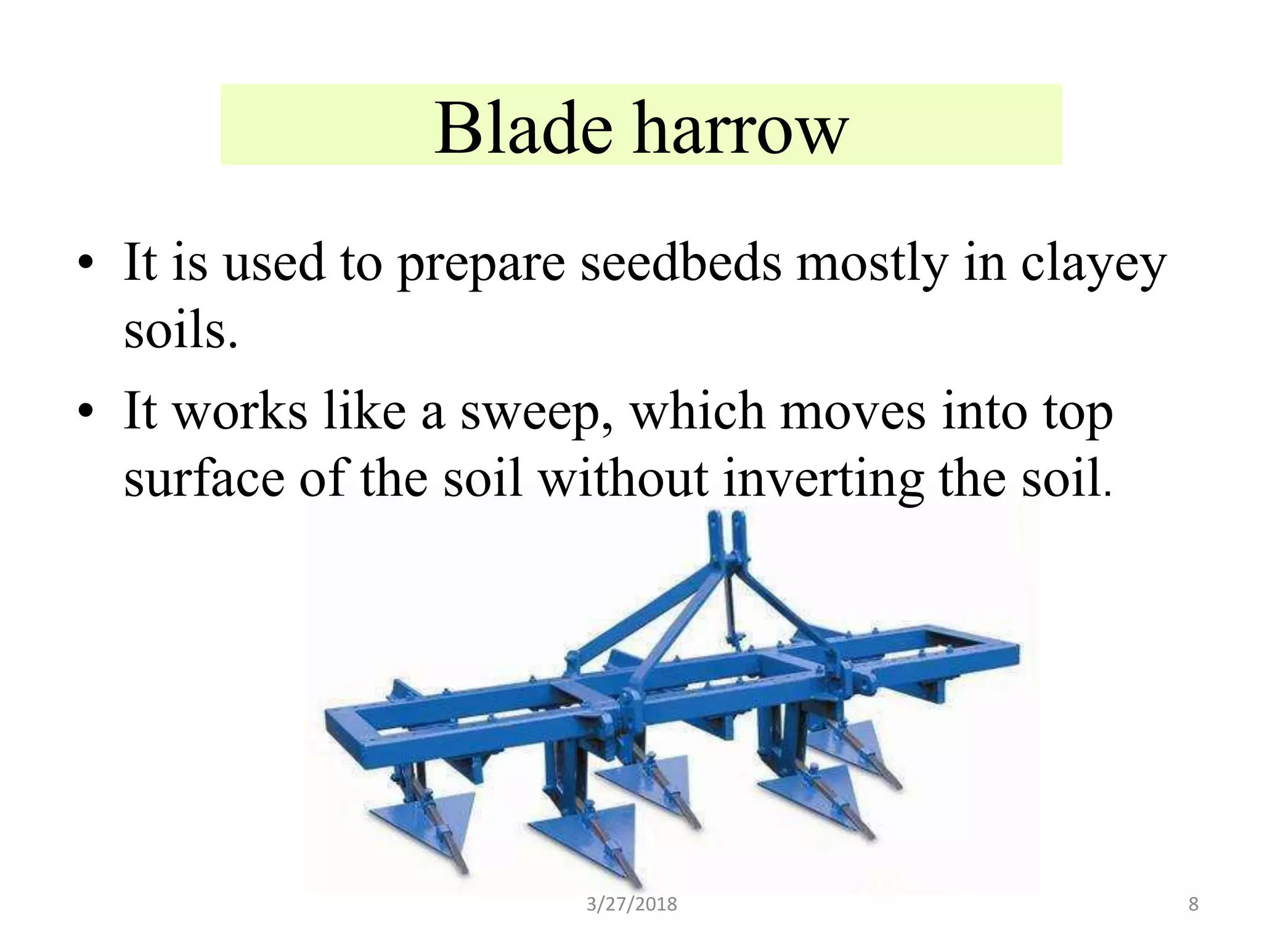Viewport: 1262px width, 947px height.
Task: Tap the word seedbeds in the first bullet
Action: coord(680,263)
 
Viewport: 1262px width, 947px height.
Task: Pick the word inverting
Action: coord(823,478)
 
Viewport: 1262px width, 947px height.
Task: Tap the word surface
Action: coord(203,478)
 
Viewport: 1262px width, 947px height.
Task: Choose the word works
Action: coord(240,411)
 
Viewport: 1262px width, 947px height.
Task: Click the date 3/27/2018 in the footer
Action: coord(632,904)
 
